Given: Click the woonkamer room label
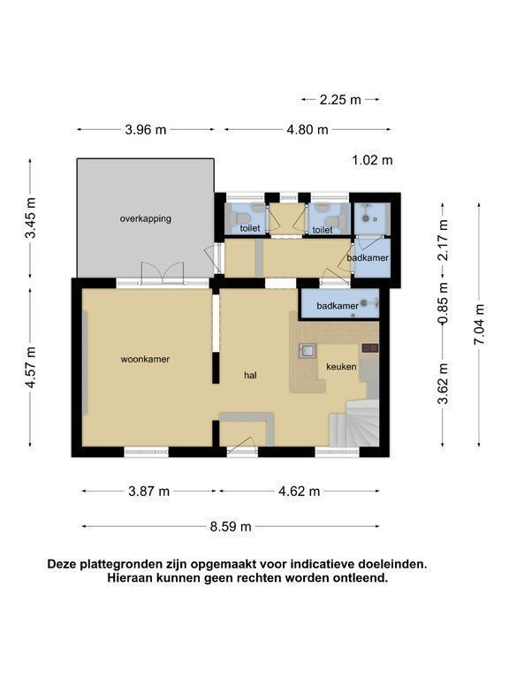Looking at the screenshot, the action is pos(145,359).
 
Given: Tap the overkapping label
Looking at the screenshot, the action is pos(146,218).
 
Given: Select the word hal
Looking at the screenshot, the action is pos(251,375).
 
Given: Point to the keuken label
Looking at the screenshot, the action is pos(341,367).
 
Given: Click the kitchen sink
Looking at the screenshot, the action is pos(308,350).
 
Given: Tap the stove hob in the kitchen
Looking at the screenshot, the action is pos(370,347).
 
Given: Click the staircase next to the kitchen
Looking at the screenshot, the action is pos(354,423).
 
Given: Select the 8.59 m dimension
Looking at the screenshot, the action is pos(231,527).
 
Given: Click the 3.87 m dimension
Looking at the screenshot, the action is pos(148,491).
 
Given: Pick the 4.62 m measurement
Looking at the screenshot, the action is pos(299,491).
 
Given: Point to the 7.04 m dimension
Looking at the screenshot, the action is pos(479,324).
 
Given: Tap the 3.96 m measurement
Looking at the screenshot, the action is pos(146,129).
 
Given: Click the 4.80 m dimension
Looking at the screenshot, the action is pos(308,129).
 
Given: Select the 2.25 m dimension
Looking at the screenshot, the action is pos(340,100).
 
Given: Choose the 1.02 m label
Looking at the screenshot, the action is pos(372,161).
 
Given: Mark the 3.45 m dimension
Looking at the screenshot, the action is pos(30,217).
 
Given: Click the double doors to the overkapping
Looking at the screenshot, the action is pos(163,273).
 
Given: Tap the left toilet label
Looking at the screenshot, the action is pos(250,228).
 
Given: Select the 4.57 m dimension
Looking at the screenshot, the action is pos(30,369).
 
